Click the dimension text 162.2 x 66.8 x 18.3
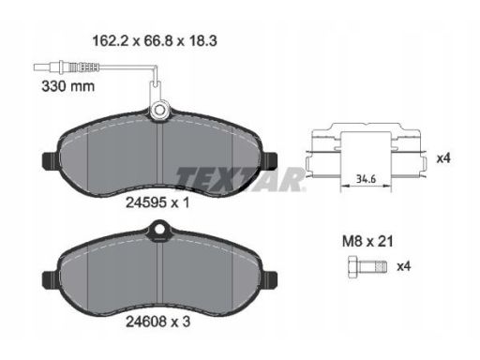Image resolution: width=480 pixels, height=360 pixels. tap(155, 41)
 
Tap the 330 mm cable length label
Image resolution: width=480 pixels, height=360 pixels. tap(68, 86)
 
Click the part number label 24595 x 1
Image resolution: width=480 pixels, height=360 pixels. tap(157, 202)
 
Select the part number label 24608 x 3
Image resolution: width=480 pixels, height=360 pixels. tap(157, 322)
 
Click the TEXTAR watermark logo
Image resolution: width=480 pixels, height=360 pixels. tap(240, 179)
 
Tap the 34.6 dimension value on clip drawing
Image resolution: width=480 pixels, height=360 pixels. tap(366, 179)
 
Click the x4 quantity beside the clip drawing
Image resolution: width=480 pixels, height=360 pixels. tap(443, 158)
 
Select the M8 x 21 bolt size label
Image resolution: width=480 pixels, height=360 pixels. tap(367, 241)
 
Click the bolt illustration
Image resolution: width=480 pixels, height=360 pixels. tap(367, 266)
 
